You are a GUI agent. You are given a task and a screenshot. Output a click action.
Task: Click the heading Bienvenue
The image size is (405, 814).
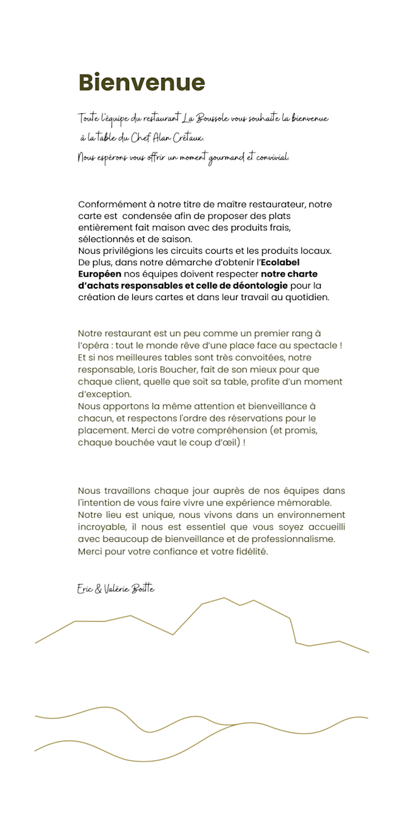click(x=142, y=83)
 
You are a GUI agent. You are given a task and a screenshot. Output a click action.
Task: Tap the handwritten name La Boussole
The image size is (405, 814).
click(x=206, y=118)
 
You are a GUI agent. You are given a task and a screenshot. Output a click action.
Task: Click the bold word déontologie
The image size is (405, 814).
click(x=260, y=285)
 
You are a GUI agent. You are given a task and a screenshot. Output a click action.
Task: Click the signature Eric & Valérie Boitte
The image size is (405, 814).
click(x=116, y=589)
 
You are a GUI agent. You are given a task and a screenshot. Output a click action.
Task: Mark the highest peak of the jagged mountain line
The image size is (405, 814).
click(x=223, y=598)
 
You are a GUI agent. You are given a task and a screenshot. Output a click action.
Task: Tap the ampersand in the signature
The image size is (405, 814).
click(x=98, y=589)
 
